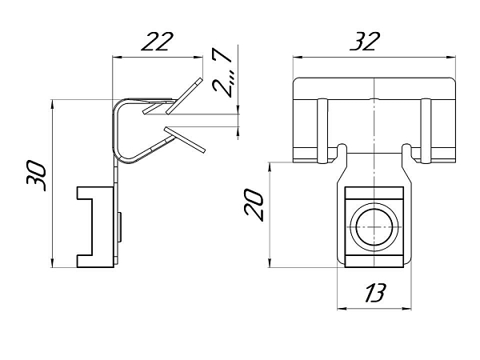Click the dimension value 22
click(158, 41)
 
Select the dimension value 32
click(365, 41)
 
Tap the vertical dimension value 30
click(36, 175)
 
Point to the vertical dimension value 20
click(254, 205)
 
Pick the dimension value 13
click(374, 293)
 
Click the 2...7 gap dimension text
click(222, 73)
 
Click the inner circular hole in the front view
click(374, 227)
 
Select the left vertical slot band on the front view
click(322, 130)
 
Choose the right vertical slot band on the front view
click(426, 130)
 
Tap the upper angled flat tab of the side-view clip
click(184, 96)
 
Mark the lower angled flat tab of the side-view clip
click(185, 139)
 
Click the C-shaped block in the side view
click(95, 227)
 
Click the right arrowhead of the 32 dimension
click(451, 57)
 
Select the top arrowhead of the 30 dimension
click(53, 104)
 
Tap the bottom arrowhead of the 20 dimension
click(270, 263)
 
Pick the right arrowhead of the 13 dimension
click(407, 309)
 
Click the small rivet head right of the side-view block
click(120, 227)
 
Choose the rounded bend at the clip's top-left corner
click(118, 106)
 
